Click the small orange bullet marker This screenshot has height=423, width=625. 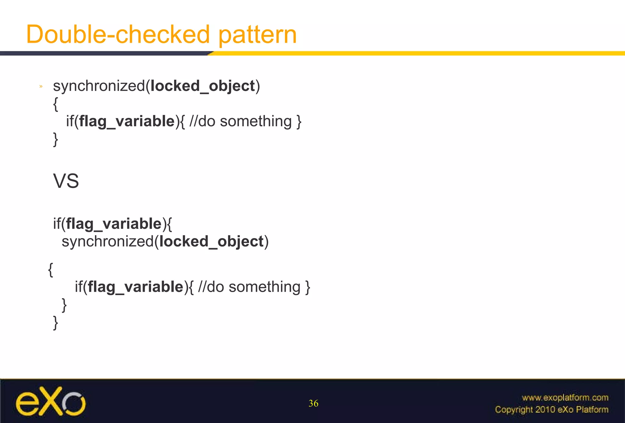pos(41,87)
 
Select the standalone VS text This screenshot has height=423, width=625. pos(66,181)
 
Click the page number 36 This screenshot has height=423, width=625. pos(313,403)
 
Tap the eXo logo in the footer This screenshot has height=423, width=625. pos(51,401)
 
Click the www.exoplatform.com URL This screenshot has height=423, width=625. pos(565,398)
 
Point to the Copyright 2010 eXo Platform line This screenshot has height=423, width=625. pos(551,410)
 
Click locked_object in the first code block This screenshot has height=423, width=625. pos(203,86)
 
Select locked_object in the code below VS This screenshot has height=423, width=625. pos(211,242)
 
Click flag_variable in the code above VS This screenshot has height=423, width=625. pos(127,121)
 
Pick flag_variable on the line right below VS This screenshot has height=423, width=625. pos(114,224)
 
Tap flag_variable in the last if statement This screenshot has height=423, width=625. pos(135,287)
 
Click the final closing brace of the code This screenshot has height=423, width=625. pos(56,323)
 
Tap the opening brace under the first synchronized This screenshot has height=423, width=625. pos(55,104)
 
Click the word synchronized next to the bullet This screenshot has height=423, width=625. pos(99,86)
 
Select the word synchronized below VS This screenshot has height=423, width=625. pos(107,242)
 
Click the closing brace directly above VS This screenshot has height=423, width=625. pos(56,139)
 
